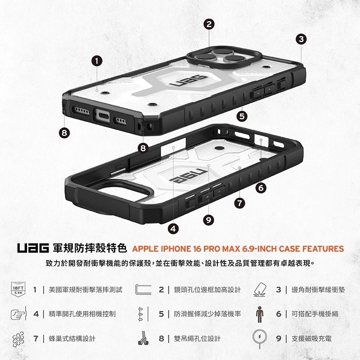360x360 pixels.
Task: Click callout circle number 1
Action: click(98, 60)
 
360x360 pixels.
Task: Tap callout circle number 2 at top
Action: click(208, 24)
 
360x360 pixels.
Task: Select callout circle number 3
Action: click(301, 39)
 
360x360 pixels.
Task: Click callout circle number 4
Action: click(174, 229)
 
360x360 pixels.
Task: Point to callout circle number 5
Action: click(243, 116)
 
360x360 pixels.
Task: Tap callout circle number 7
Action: click(240, 203)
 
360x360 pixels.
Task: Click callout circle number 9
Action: click(207, 220)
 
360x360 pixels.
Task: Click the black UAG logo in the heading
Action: click(33, 248)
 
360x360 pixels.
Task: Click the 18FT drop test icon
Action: click(18, 289)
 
